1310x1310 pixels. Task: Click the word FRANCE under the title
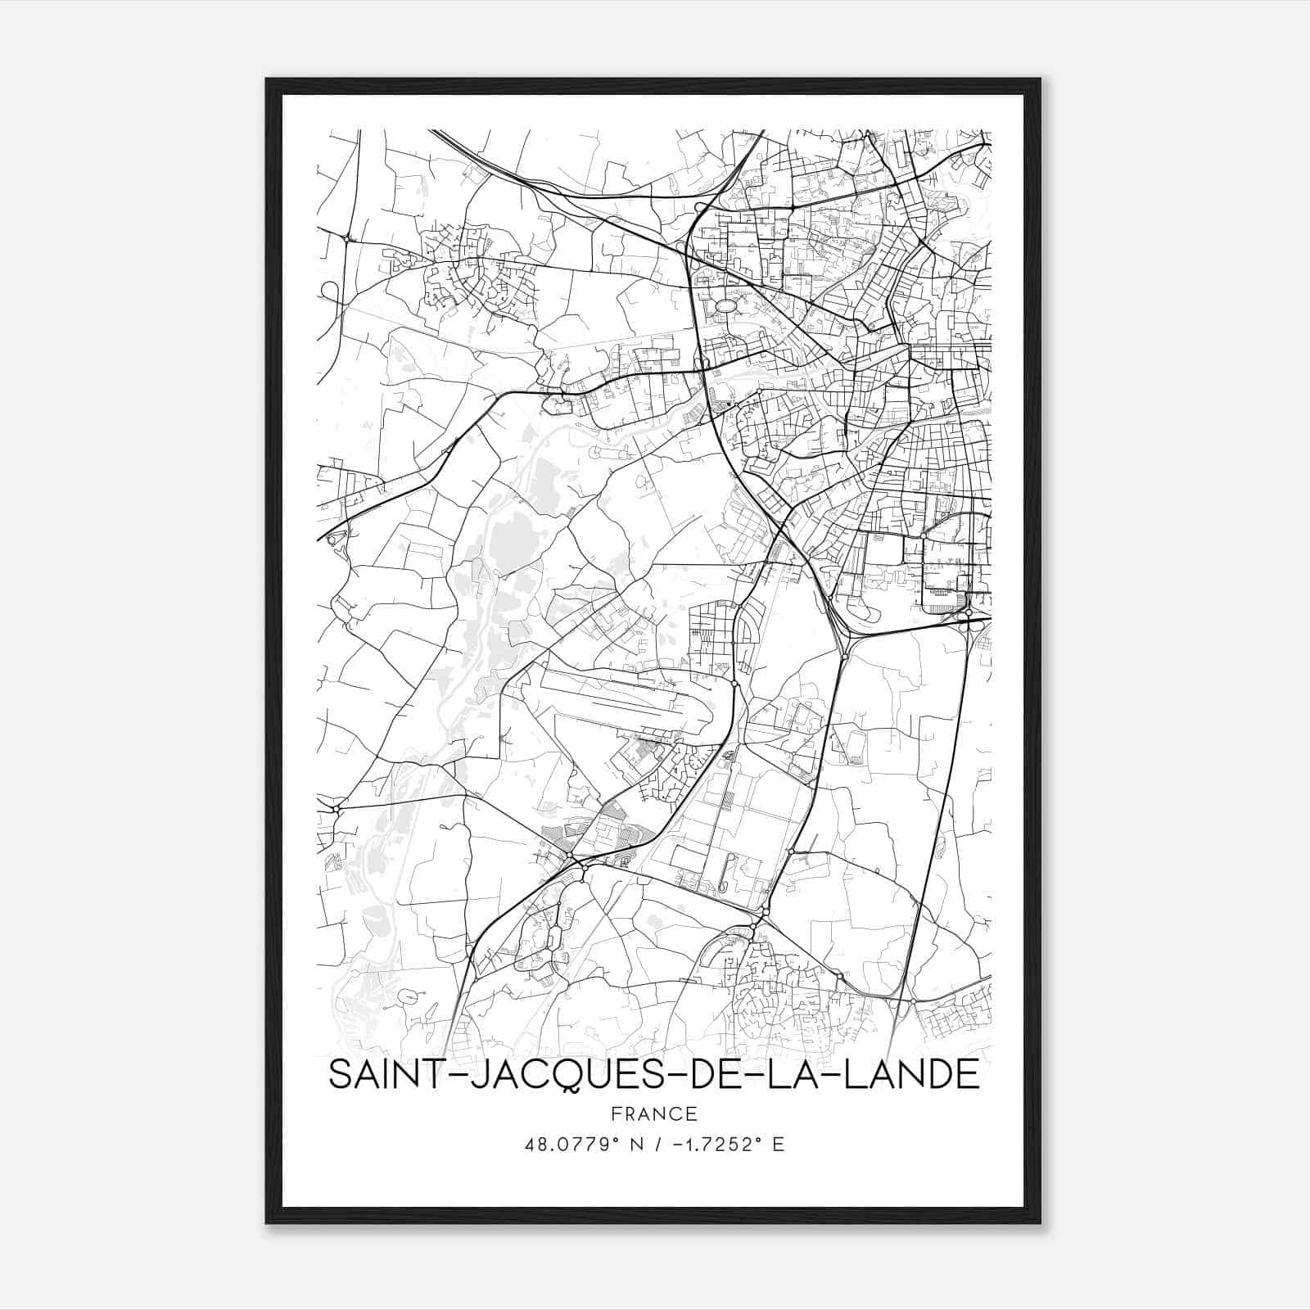point(654,1113)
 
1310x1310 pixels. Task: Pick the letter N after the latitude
point(626,1145)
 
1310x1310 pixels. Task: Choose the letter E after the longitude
point(778,1145)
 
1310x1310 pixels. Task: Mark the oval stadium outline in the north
point(725,305)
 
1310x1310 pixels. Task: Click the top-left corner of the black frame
point(268,80)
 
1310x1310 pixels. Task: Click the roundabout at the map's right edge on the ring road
point(969,612)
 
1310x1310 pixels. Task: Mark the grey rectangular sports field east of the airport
point(855,748)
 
